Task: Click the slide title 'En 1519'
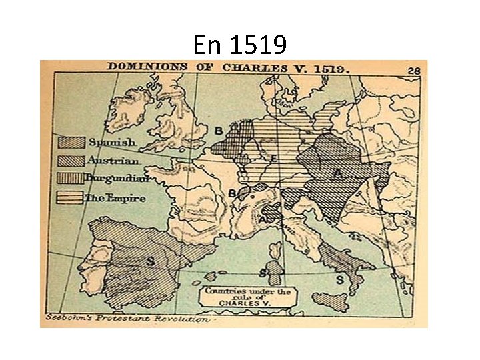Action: click(239, 45)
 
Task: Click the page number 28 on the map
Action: click(415, 69)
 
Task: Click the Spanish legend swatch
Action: click(71, 142)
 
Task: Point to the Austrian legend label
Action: click(113, 161)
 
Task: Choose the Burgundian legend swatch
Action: click(71, 179)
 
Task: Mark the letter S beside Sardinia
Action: click(263, 272)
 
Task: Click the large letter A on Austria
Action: click(338, 174)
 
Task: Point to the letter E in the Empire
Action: click(274, 159)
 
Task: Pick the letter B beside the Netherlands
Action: click(218, 131)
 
